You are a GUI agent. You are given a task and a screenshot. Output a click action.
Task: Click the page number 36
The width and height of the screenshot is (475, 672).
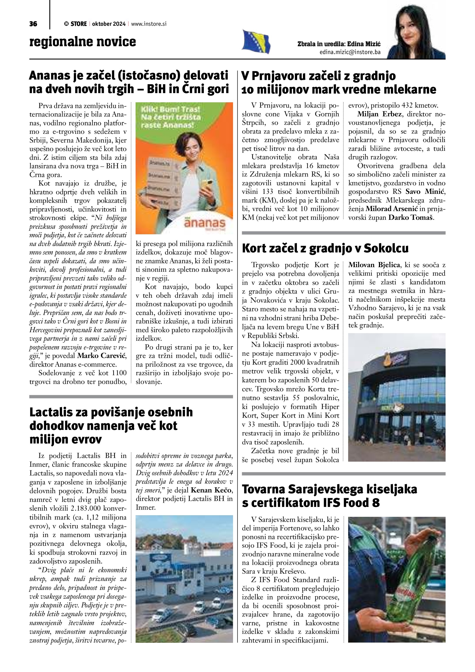coord(33,24)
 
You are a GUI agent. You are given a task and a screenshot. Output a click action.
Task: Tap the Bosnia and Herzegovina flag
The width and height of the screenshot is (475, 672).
coord(256,42)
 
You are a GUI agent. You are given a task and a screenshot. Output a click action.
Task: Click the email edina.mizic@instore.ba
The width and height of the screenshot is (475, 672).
coord(350,52)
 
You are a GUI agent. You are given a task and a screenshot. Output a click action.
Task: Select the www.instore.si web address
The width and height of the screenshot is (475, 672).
coord(149,24)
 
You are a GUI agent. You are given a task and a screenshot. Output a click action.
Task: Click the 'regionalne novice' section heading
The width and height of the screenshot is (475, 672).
coord(83,42)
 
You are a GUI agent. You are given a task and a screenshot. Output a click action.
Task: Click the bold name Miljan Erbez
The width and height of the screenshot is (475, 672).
coord(379,114)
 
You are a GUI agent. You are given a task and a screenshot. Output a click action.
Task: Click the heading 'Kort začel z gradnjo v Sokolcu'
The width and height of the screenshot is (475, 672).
coord(325,249)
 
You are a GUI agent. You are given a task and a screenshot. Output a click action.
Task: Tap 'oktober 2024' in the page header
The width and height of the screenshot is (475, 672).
coord(108,24)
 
